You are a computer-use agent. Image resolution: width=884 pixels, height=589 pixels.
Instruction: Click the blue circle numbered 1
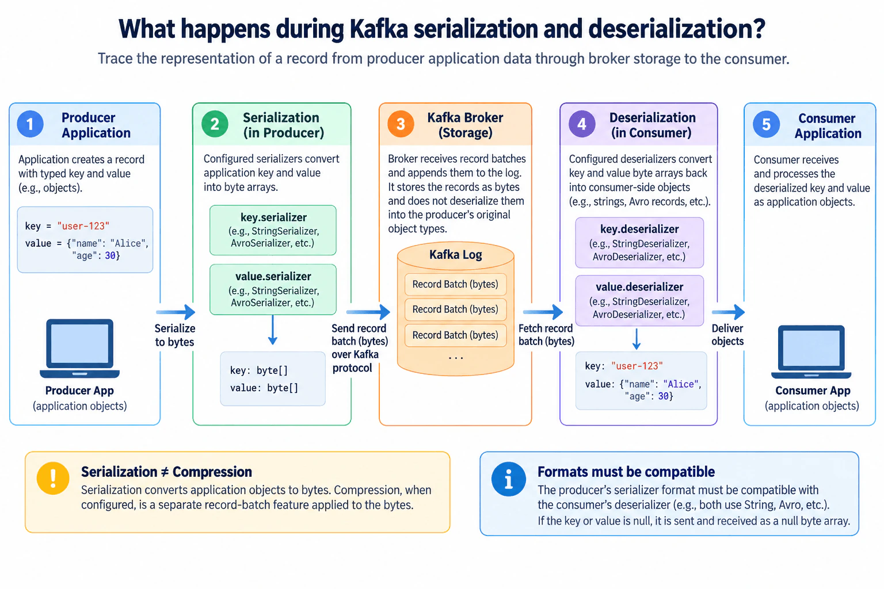point(30,124)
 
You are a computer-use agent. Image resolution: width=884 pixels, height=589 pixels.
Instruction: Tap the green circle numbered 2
point(215,124)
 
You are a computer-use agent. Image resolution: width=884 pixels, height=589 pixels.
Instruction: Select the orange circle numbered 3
point(401,124)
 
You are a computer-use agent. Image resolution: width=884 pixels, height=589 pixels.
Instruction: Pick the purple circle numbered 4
point(582,124)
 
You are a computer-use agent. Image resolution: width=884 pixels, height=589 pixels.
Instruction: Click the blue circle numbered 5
point(766,124)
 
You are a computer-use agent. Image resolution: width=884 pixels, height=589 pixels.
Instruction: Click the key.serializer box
point(273,230)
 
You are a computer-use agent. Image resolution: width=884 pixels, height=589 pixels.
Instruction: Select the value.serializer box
point(273,289)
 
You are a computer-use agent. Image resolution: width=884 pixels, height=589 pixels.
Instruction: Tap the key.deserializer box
point(639,242)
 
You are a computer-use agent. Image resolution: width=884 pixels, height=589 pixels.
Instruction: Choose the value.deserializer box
point(639,301)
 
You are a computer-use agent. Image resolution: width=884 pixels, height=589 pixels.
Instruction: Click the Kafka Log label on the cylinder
point(455,255)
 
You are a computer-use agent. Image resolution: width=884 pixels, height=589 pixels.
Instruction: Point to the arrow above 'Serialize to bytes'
point(176,312)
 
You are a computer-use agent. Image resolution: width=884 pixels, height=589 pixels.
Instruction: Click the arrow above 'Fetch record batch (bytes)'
point(543,312)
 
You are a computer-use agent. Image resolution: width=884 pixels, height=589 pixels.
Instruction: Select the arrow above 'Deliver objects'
point(728,312)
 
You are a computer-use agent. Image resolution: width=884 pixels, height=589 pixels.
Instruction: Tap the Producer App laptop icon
point(80,349)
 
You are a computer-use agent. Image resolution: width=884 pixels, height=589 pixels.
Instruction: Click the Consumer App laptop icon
point(811,351)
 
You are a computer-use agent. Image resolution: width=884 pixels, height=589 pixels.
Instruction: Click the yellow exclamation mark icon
point(53,478)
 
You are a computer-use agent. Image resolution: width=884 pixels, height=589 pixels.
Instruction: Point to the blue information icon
point(508,479)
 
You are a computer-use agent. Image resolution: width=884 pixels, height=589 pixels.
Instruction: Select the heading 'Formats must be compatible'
point(626,472)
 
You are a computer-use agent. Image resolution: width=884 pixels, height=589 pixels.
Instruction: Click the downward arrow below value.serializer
point(273,330)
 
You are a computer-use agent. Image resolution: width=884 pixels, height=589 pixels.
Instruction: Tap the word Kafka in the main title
point(379,29)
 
